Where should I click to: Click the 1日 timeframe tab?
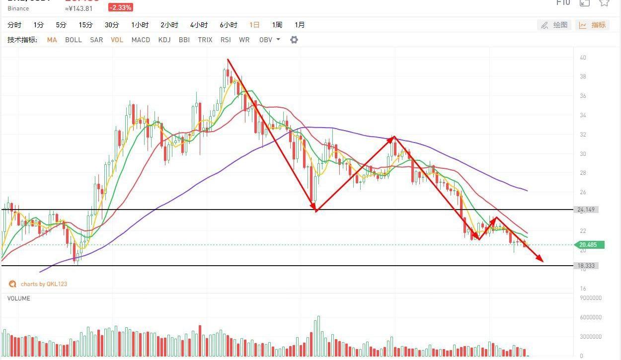point(254,25)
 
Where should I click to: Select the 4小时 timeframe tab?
point(199,25)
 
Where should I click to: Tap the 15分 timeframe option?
point(85,25)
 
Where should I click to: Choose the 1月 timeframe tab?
point(300,25)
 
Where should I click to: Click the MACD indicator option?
point(141,40)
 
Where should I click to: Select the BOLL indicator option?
point(74,40)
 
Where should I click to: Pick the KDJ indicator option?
point(164,40)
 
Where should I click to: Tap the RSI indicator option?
point(226,40)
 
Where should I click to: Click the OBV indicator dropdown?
point(269,40)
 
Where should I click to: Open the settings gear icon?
point(294,40)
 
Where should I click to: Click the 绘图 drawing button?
point(554,25)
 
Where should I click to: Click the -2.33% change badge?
point(121,8)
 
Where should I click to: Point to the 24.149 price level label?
point(586,210)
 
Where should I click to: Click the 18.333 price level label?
point(586,266)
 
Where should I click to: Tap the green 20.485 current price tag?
point(589,245)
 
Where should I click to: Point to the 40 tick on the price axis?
point(583,58)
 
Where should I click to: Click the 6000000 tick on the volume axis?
point(591,317)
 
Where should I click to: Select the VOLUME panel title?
point(19,298)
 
